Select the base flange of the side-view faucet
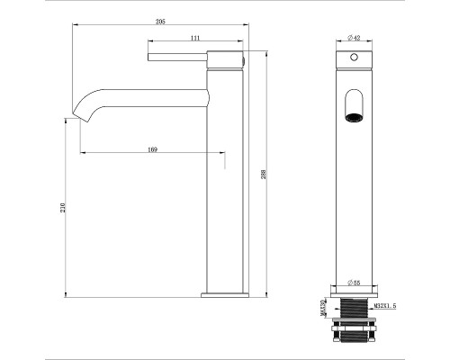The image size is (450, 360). tap(224, 293)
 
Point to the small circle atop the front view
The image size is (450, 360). tap(355, 57)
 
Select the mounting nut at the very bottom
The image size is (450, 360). tap(355, 340)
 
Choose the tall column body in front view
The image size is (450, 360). tap(355, 198)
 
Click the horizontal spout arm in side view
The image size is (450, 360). tap(153, 93)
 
